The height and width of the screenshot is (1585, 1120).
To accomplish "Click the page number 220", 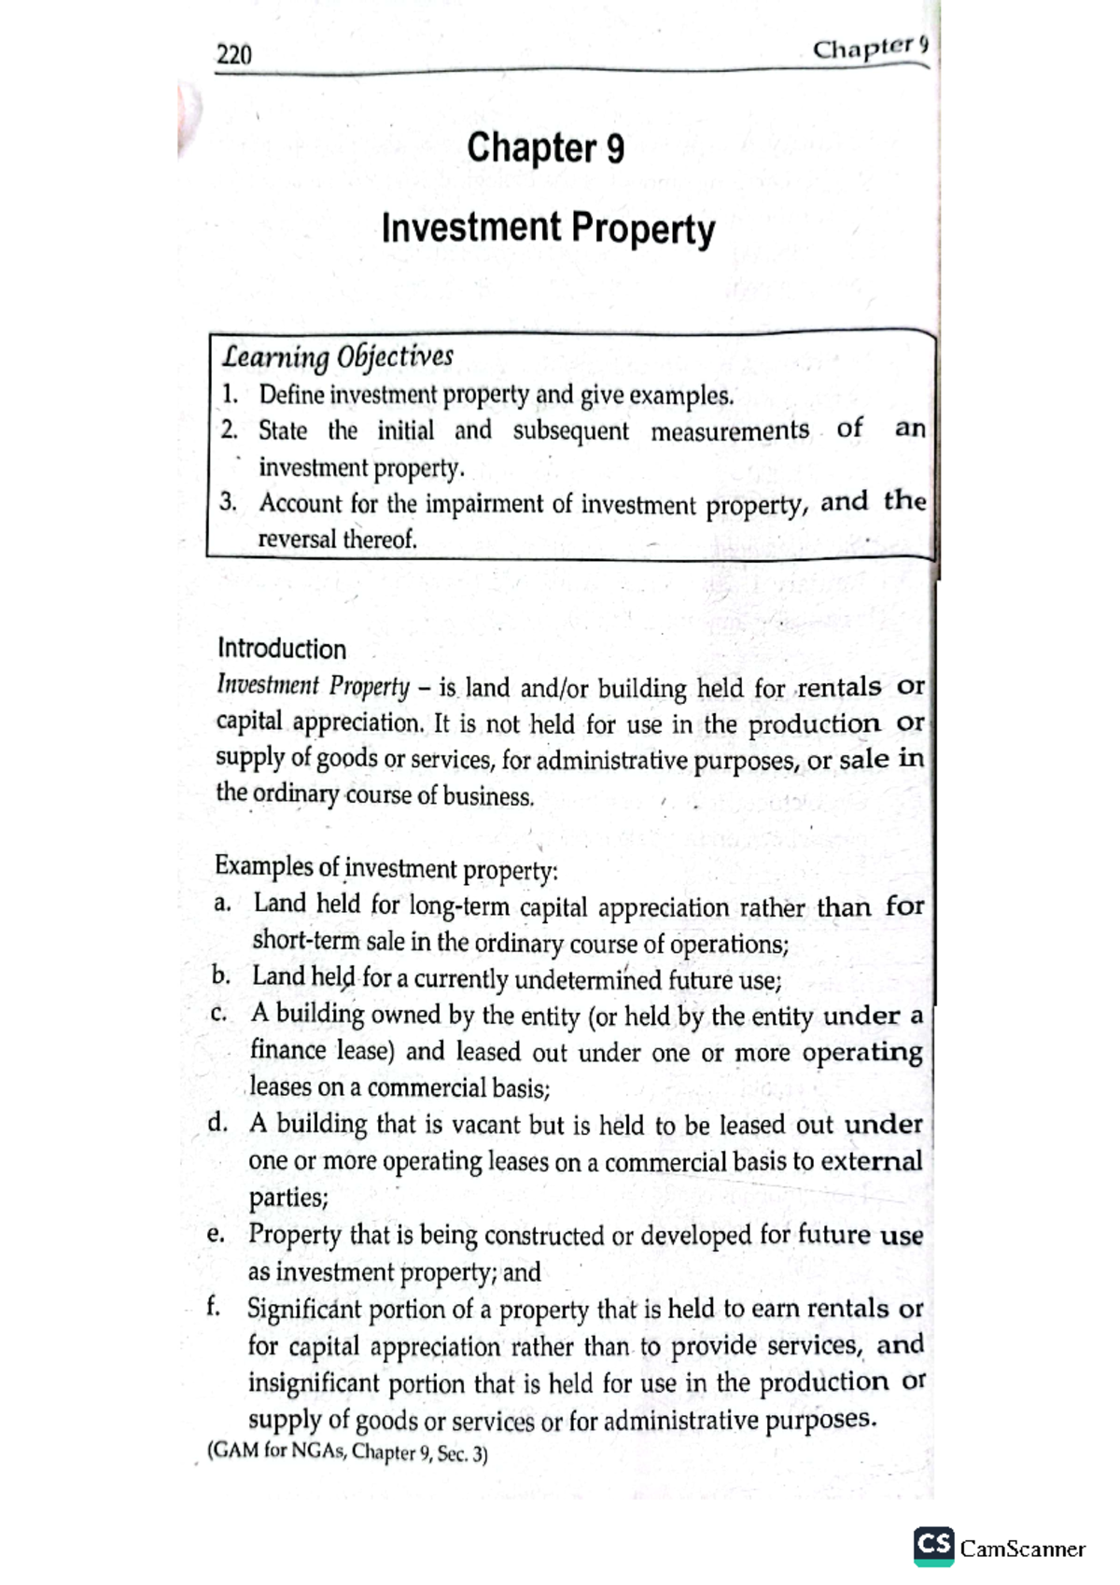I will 234,55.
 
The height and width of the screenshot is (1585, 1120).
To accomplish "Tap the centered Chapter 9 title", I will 545,148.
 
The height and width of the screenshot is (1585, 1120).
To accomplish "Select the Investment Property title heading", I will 548,229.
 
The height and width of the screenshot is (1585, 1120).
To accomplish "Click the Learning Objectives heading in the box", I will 337,357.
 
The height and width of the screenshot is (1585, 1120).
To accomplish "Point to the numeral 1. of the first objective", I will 230,395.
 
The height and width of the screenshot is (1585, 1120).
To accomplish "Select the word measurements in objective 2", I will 729,431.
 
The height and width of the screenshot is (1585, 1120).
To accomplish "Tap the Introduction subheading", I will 281,649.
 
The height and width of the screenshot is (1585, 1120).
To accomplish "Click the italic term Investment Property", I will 313,686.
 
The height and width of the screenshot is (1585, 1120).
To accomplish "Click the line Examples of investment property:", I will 385,868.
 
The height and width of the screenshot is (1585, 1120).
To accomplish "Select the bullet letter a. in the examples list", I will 221,904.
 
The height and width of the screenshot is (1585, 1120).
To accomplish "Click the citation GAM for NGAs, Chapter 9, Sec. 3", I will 345,1453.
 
